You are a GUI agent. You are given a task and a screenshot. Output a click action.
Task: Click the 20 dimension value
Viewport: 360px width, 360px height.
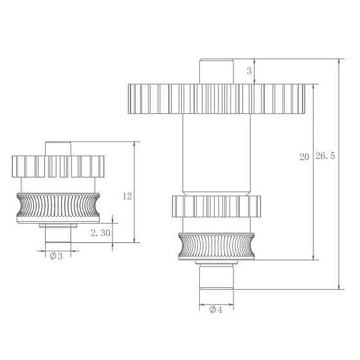click(305, 156)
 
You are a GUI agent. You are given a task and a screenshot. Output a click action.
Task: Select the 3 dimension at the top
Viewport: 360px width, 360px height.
click(249, 71)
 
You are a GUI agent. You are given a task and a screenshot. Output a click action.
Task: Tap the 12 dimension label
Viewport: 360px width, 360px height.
click(127, 196)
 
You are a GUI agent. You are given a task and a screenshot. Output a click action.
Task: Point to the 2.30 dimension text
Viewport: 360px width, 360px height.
click(101, 234)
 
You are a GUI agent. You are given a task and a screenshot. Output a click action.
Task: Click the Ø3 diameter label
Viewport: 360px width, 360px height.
click(56, 256)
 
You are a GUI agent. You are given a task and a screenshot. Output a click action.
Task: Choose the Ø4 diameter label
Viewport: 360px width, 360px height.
click(215, 309)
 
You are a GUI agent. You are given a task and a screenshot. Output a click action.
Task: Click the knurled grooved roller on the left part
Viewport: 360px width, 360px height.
click(57, 206)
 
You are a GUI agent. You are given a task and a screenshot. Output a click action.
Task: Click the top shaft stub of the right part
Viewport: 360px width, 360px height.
click(215, 70)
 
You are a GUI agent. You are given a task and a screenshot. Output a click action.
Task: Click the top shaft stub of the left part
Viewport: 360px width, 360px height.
click(57, 148)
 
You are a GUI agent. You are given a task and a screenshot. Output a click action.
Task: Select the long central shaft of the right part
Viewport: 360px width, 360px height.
click(215, 154)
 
